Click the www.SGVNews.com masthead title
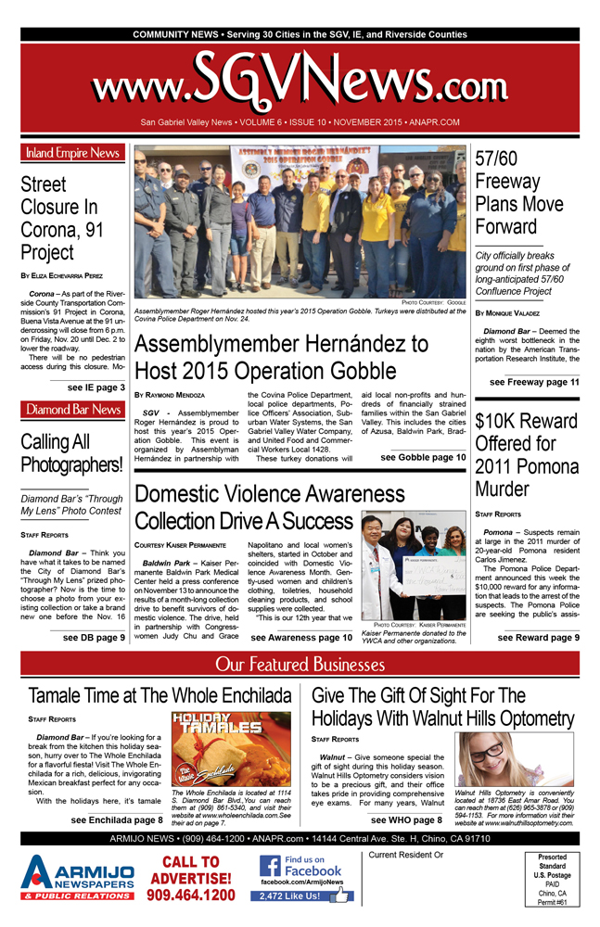pos(300,86)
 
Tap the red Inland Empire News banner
pos(72,153)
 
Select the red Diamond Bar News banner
pos(72,409)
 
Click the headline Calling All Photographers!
pos(71,453)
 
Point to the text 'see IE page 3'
pos(96,387)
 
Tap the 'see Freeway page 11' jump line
pos(534,381)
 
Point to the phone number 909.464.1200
pos(192,895)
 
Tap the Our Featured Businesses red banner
pos(300,664)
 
